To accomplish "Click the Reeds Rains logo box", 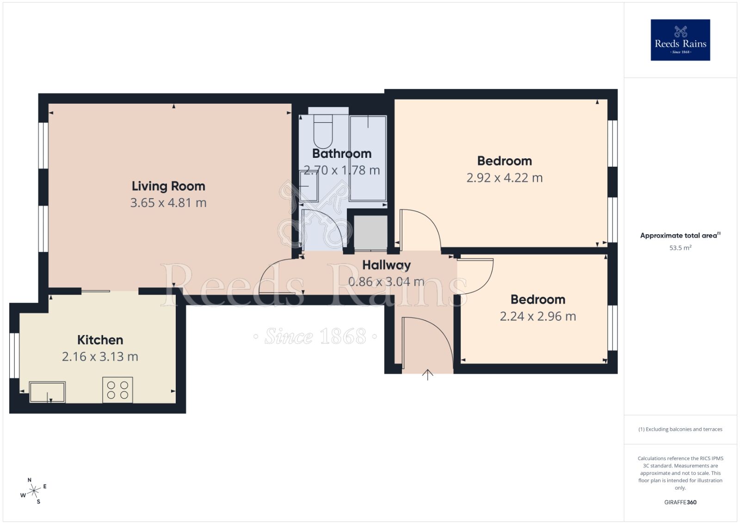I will (x=680, y=40).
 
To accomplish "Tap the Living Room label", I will (x=168, y=186).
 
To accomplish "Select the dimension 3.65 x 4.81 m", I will (x=168, y=203).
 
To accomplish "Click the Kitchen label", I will (x=100, y=340).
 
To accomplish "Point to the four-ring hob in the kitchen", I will (x=117, y=390).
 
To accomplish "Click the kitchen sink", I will (x=47, y=392).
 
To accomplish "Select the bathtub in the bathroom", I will (x=368, y=158).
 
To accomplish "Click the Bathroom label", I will (x=342, y=154).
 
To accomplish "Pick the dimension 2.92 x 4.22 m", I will (x=504, y=178).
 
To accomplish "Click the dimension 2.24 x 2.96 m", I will (x=537, y=317).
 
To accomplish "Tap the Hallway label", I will (x=386, y=265).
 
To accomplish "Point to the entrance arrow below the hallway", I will (x=427, y=374).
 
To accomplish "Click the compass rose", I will (x=34, y=492).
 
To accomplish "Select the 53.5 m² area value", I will (x=680, y=248).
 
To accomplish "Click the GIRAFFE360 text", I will (x=680, y=502).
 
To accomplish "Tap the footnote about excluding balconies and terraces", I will (x=680, y=429).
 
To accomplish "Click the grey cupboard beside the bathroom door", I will (x=370, y=233).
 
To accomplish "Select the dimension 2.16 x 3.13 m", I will (x=100, y=356).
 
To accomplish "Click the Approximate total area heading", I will (x=679, y=236).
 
